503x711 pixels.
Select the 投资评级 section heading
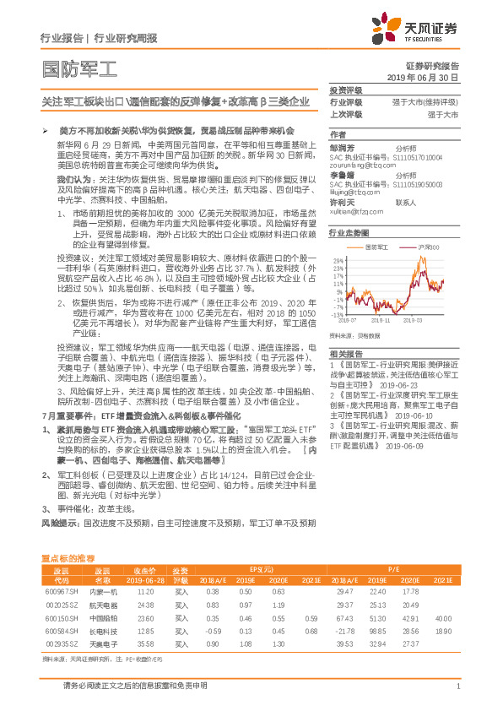coord(346,89)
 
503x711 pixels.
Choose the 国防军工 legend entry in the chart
coord(376,247)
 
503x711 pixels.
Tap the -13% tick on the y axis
coord(336,314)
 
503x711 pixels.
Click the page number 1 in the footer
coord(457,687)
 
